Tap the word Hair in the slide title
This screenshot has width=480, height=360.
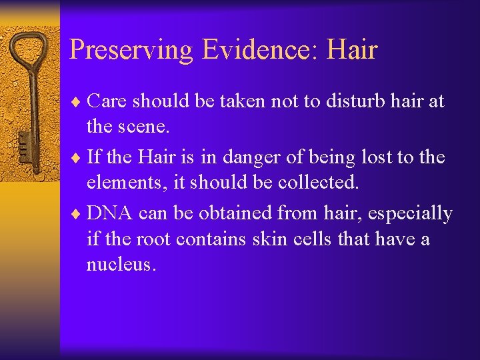click(x=353, y=50)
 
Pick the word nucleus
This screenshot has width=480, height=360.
click(x=121, y=265)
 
